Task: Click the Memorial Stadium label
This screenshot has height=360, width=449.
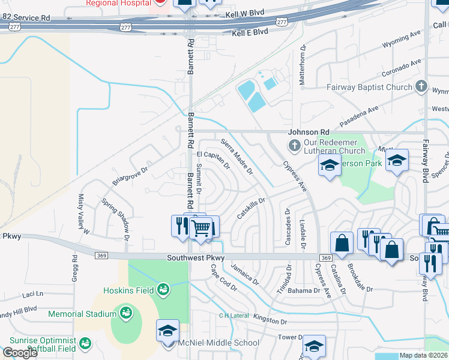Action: [82, 314]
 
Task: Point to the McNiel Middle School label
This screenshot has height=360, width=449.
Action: [219, 343]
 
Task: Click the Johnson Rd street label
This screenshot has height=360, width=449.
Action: [309, 132]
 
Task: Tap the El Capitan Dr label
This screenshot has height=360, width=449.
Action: [213, 160]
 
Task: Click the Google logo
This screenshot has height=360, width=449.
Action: [20, 353]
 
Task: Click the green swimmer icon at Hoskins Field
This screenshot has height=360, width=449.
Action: [163, 291]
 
